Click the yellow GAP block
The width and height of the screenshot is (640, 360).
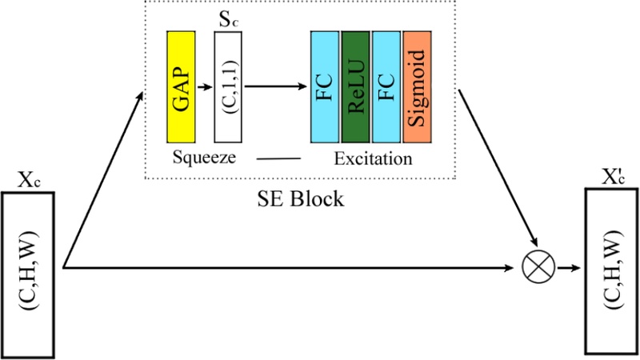pyautogui.click(x=180, y=86)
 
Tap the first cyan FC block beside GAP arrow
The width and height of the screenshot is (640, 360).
pyautogui.click(x=324, y=86)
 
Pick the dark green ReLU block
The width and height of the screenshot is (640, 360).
pyautogui.click(x=354, y=86)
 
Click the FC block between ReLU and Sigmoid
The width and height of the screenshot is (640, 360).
pyautogui.click(x=385, y=86)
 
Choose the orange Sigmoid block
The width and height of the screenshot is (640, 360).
pyautogui.click(x=417, y=86)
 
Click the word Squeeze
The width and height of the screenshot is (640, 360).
pyautogui.click(x=203, y=158)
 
